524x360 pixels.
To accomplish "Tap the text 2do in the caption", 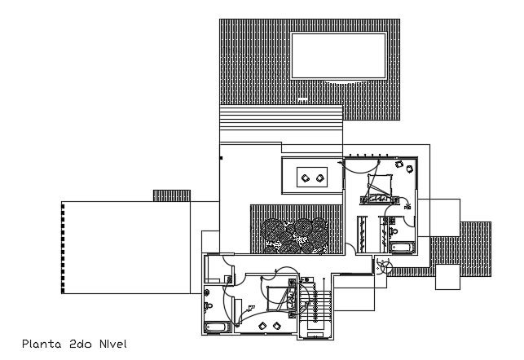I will point(80,344).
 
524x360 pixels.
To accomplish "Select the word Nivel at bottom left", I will point(111,344).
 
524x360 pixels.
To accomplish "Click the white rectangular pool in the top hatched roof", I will point(338,55).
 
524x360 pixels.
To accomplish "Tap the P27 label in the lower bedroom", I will point(250,307).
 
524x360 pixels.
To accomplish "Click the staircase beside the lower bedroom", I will point(315,310).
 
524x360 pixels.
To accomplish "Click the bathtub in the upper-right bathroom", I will point(403,247).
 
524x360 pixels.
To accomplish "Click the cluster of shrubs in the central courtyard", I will point(294,234).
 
